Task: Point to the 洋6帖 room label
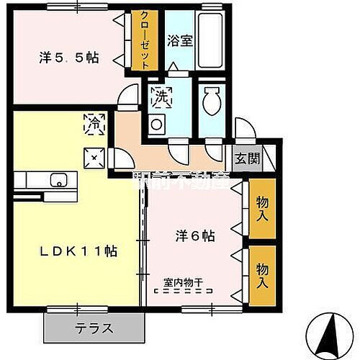coord(197,235)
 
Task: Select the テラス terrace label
coord(94,328)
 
